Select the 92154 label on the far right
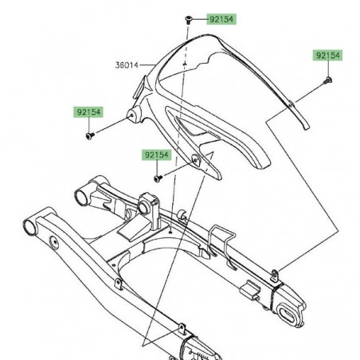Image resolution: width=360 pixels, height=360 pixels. coord(327,56)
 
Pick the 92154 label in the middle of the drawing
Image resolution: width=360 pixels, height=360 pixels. coord(155,154)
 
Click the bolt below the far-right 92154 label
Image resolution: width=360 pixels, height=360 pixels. coord(327,80)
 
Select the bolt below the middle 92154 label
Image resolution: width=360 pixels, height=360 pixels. coord(158,178)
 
